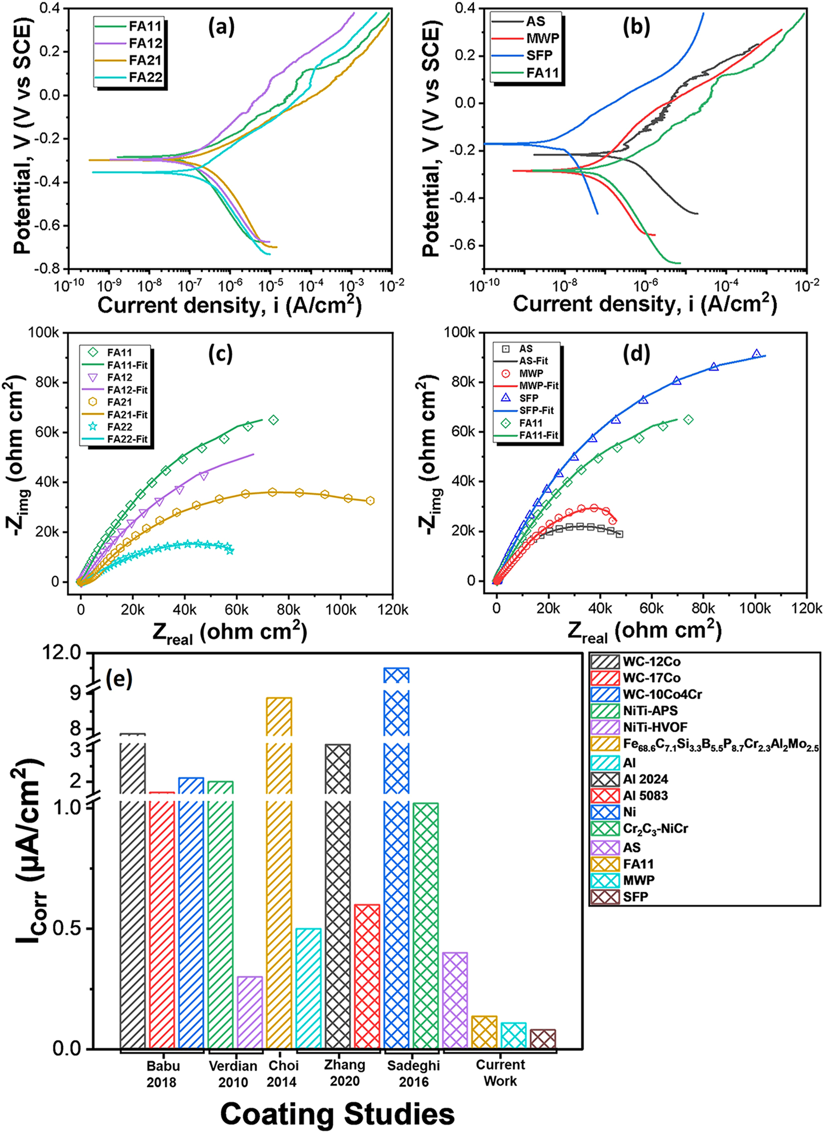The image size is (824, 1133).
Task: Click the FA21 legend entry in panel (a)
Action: tap(145, 60)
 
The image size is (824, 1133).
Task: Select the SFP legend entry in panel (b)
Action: tap(540, 55)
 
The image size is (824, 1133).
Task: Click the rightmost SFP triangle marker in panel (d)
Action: tap(757, 354)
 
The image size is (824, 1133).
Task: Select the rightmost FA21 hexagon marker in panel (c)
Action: tap(370, 500)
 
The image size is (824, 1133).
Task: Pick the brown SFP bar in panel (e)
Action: tap(543, 1038)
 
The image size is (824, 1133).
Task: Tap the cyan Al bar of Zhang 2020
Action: tap(308, 987)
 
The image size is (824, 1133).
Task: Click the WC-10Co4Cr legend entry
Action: tap(662, 694)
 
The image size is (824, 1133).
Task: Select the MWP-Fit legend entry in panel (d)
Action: tap(539, 386)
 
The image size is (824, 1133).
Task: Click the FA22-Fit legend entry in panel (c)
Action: tap(128, 439)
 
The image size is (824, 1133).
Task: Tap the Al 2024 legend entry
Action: tap(645, 779)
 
